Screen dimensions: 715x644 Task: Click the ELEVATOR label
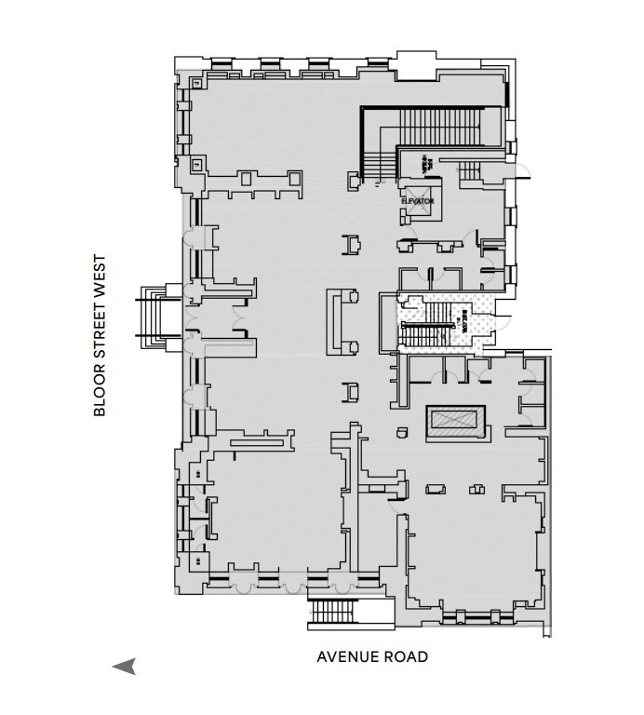419,200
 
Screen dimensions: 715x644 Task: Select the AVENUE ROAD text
372,657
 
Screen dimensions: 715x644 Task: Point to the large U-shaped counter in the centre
342,321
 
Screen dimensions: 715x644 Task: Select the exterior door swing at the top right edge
524,171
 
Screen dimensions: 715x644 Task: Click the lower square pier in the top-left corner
197,164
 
